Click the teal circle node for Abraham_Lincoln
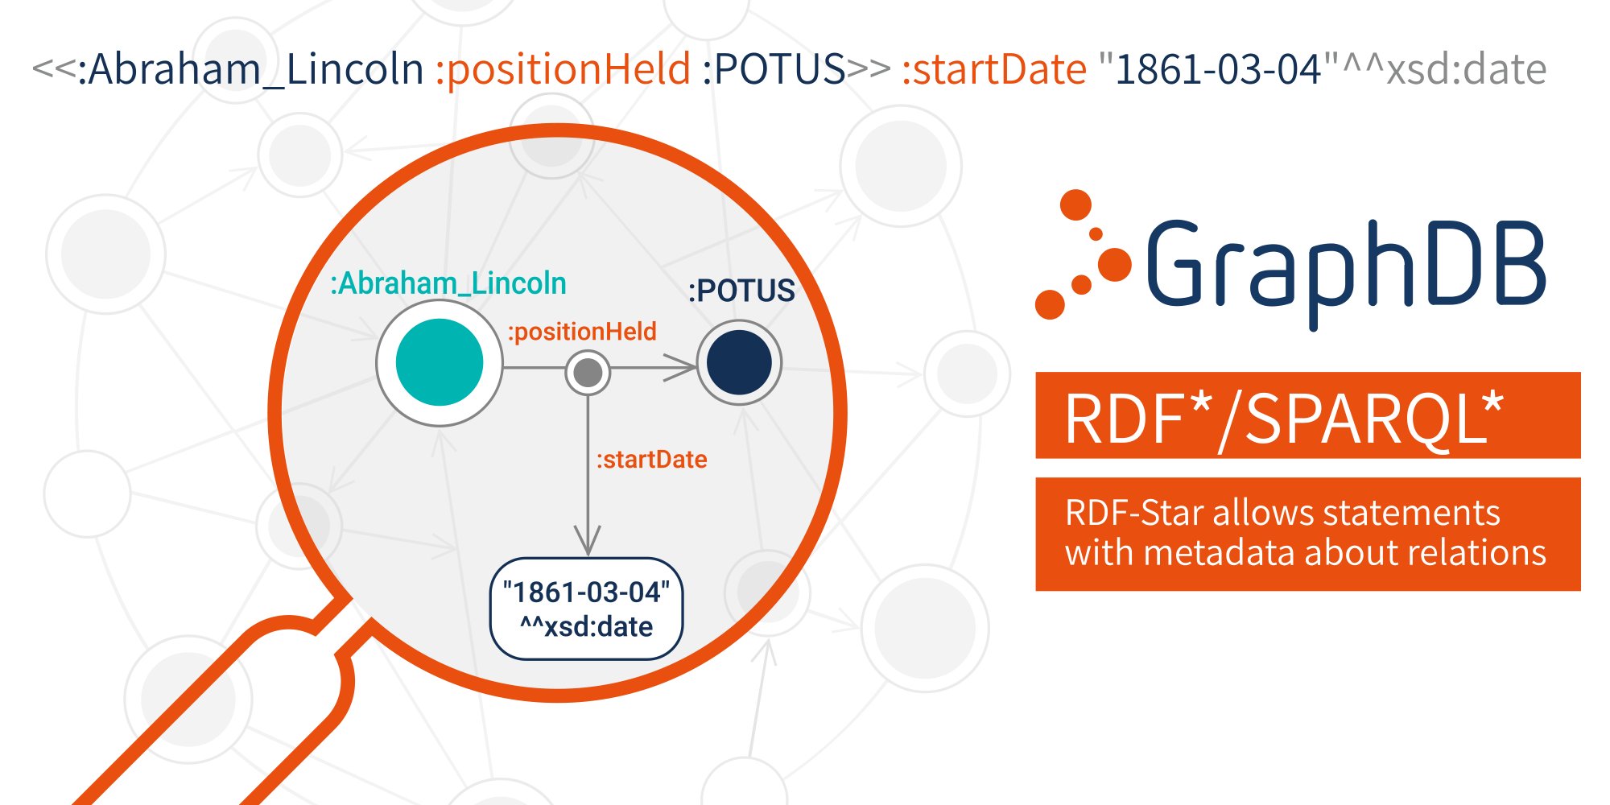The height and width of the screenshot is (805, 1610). click(x=440, y=362)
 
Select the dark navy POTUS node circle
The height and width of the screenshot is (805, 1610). click(x=739, y=362)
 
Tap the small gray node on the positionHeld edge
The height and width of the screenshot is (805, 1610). click(x=588, y=372)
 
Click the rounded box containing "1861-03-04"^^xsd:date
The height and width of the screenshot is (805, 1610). click(x=586, y=609)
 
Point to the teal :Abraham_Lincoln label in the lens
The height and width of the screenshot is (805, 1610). click(x=448, y=283)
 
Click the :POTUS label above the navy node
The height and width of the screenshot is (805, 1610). click(x=741, y=291)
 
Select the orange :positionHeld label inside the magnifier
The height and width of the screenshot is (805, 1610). click(x=582, y=332)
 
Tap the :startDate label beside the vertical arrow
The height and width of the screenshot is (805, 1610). click(x=651, y=460)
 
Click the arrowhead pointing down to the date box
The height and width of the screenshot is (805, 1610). click(x=588, y=540)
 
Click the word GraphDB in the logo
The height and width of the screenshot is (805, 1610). click(x=1344, y=266)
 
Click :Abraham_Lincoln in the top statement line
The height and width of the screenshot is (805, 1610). click(x=250, y=69)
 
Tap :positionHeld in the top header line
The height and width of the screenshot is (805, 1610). click(x=563, y=69)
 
